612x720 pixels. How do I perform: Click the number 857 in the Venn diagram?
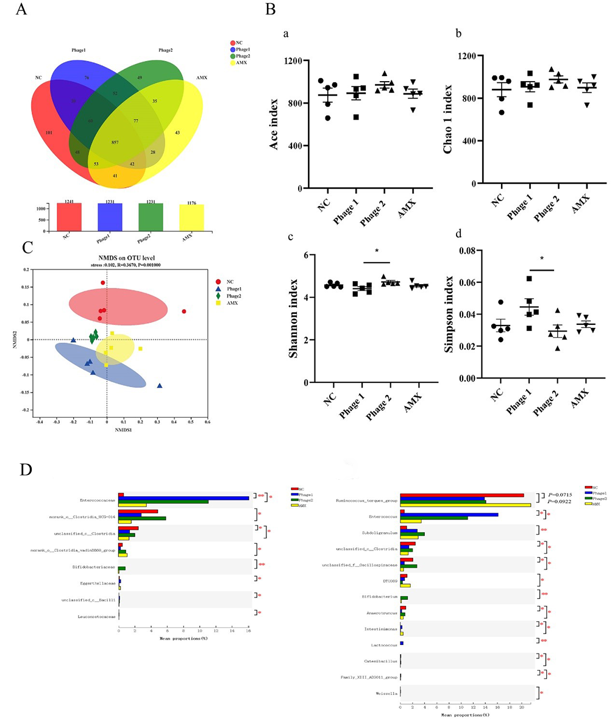[115, 142]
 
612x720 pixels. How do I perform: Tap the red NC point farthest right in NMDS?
[184, 312]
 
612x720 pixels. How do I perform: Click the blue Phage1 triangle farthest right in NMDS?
[160, 386]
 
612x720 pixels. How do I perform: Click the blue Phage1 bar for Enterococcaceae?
[183, 498]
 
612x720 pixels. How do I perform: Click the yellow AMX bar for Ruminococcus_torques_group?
[465, 505]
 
